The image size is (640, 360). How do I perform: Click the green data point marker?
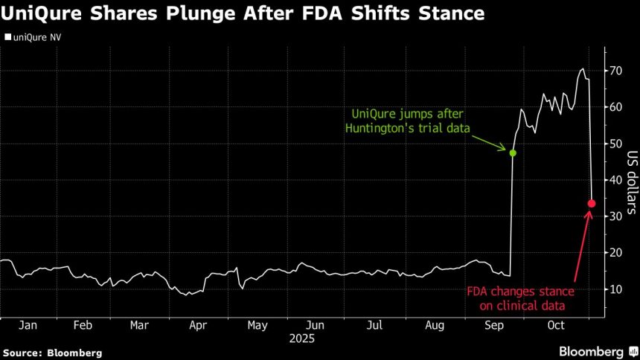(x=513, y=152)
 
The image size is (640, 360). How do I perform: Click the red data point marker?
(x=592, y=203)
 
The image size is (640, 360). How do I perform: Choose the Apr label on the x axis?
(x=198, y=325)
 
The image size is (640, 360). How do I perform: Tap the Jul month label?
(x=375, y=325)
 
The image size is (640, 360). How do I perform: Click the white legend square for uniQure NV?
(x=7, y=36)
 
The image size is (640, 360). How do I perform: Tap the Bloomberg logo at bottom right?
(x=592, y=351)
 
